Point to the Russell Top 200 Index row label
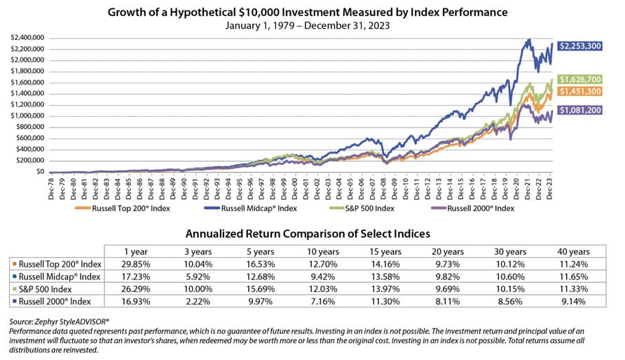click(57, 264)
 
